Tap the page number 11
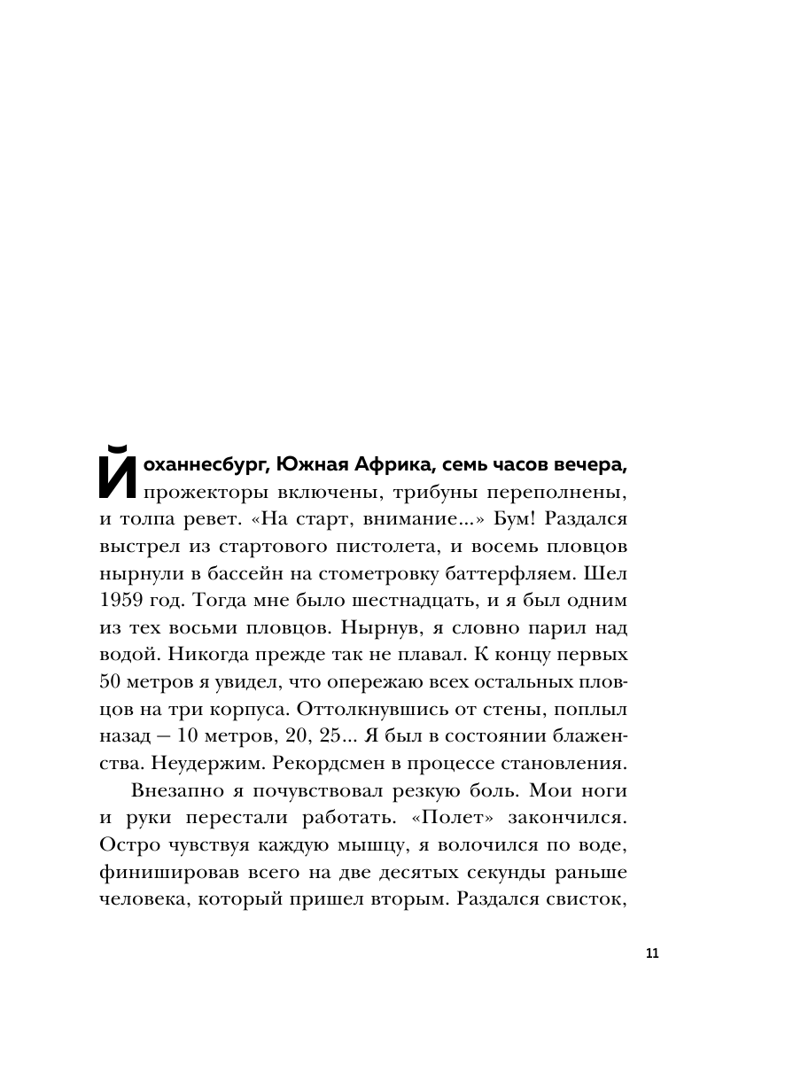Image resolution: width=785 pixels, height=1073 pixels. point(653,953)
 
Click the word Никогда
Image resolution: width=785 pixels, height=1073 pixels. point(189,656)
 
